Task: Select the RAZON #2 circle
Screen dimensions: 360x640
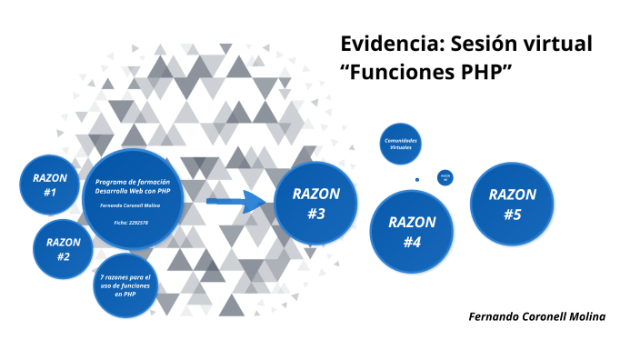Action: [x=64, y=248]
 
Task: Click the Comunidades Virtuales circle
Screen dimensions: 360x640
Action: [x=401, y=145]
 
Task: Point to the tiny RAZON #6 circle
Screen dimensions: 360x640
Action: [x=445, y=177]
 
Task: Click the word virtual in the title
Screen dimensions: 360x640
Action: [x=559, y=44]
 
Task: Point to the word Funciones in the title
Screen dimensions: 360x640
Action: [x=397, y=74]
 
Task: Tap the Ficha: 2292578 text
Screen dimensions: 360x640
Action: [x=133, y=222]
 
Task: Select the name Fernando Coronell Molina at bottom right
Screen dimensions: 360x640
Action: [x=536, y=315]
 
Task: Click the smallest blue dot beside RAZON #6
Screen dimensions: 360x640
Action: [x=417, y=179]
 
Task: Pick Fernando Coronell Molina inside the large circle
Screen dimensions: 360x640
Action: [x=133, y=206]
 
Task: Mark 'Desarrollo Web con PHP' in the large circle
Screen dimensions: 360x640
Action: [x=133, y=192]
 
